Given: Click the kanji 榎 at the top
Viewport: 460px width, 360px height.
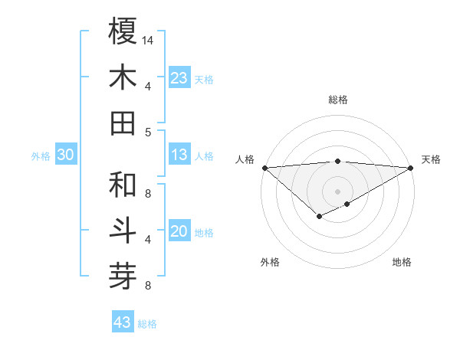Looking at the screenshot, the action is click(x=123, y=31).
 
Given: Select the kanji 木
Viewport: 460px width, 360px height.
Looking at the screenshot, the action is click(x=123, y=77).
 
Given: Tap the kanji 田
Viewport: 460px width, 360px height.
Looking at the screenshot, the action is click(x=123, y=123).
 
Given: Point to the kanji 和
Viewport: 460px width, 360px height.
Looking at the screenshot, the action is click(x=123, y=185).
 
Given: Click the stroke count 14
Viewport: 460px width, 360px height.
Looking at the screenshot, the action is click(x=149, y=40).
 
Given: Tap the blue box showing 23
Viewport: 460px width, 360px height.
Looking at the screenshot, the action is click(x=179, y=77).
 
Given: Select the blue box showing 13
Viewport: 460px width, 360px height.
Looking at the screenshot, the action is click(x=179, y=155).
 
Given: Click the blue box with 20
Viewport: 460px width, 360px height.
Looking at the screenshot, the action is click(x=179, y=231).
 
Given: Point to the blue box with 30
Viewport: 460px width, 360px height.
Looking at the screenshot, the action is click(x=66, y=155).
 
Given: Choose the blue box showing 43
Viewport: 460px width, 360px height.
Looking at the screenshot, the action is click(x=122, y=322).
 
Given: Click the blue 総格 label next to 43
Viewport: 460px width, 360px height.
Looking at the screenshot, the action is click(x=147, y=324).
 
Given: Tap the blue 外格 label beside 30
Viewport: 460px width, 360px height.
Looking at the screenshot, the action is click(x=41, y=156).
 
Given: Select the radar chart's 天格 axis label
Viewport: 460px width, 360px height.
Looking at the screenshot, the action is click(x=431, y=159).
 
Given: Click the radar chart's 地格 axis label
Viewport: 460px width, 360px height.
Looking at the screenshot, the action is click(x=402, y=262).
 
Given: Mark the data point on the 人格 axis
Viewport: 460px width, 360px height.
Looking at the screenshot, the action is click(x=264, y=167).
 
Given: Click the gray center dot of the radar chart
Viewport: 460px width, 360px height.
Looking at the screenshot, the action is click(x=337, y=191).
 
